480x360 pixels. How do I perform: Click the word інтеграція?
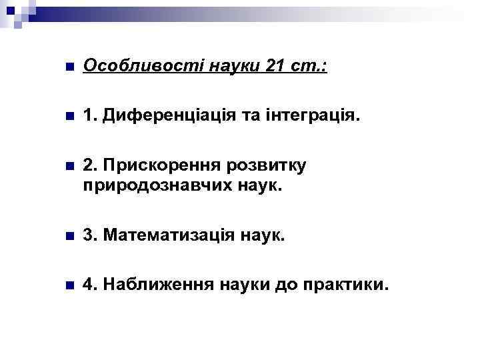click(x=318, y=117)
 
